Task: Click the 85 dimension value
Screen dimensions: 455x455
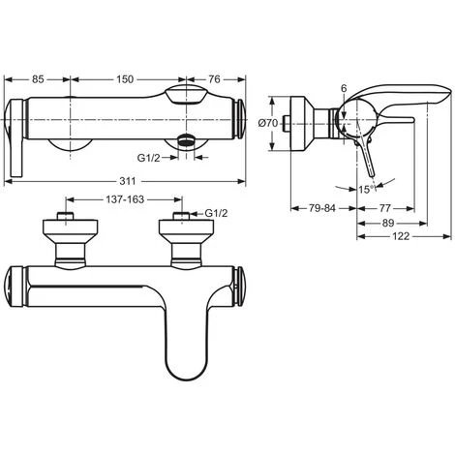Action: [38, 79]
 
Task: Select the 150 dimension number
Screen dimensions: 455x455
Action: [125, 79]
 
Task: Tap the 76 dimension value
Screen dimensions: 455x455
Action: [214, 79]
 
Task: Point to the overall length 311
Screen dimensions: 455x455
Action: [128, 181]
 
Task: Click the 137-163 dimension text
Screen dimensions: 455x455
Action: [125, 199]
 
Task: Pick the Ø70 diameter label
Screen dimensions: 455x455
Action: [268, 123]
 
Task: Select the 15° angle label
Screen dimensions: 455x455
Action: [366, 189]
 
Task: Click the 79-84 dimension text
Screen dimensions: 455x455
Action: [322, 208]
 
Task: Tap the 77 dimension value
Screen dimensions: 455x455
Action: [384, 208]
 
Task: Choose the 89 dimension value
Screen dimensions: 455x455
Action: [388, 223]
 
